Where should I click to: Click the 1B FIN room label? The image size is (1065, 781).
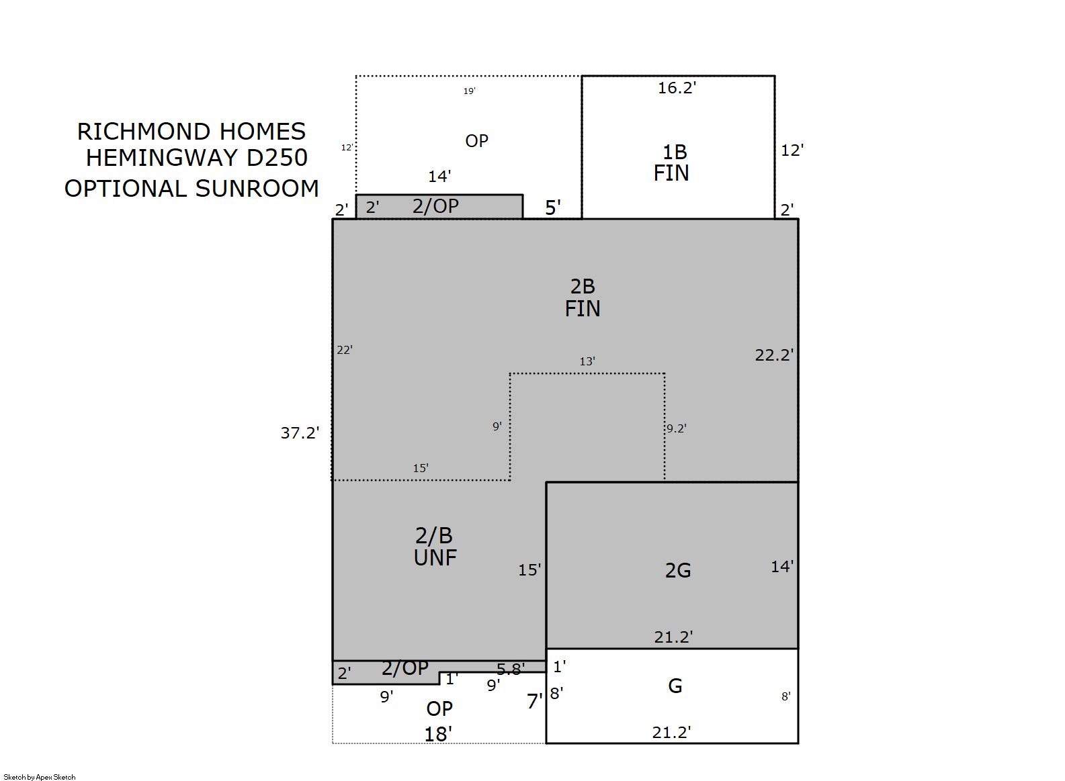click(x=671, y=163)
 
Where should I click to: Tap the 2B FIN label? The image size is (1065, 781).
click(x=583, y=297)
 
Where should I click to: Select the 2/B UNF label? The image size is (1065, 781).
click(x=435, y=547)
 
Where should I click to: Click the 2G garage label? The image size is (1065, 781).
click(x=678, y=571)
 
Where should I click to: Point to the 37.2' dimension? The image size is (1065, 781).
click(x=300, y=432)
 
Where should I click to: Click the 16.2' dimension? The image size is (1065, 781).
click(x=677, y=88)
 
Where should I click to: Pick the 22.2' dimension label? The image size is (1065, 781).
click(x=775, y=355)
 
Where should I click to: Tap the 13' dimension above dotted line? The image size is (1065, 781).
click(x=587, y=361)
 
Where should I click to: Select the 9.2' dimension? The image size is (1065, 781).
click(x=676, y=428)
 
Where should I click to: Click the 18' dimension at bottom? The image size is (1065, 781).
click(x=438, y=735)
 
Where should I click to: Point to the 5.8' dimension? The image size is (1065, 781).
click(x=511, y=670)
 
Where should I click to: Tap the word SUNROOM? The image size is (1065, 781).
click(x=257, y=189)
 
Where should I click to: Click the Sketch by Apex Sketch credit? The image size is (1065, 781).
click(x=40, y=777)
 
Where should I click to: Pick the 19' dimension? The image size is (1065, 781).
click(x=469, y=91)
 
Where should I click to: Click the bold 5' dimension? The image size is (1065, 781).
click(x=553, y=208)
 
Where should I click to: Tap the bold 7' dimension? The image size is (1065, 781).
click(x=535, y=702)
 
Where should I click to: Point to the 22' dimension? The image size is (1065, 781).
click(x=345, y=350)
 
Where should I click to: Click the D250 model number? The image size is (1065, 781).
click(x=278, y=158)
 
